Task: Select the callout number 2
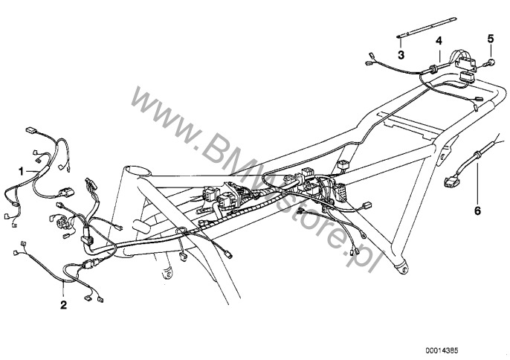[x=63, y=305]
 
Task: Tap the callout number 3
[x=401, y=55]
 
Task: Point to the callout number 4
[x=439, y=39]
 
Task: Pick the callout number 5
[x=490, y=38]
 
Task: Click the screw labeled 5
[x=491, y=63]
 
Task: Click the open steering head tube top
[x=138, y=170]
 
